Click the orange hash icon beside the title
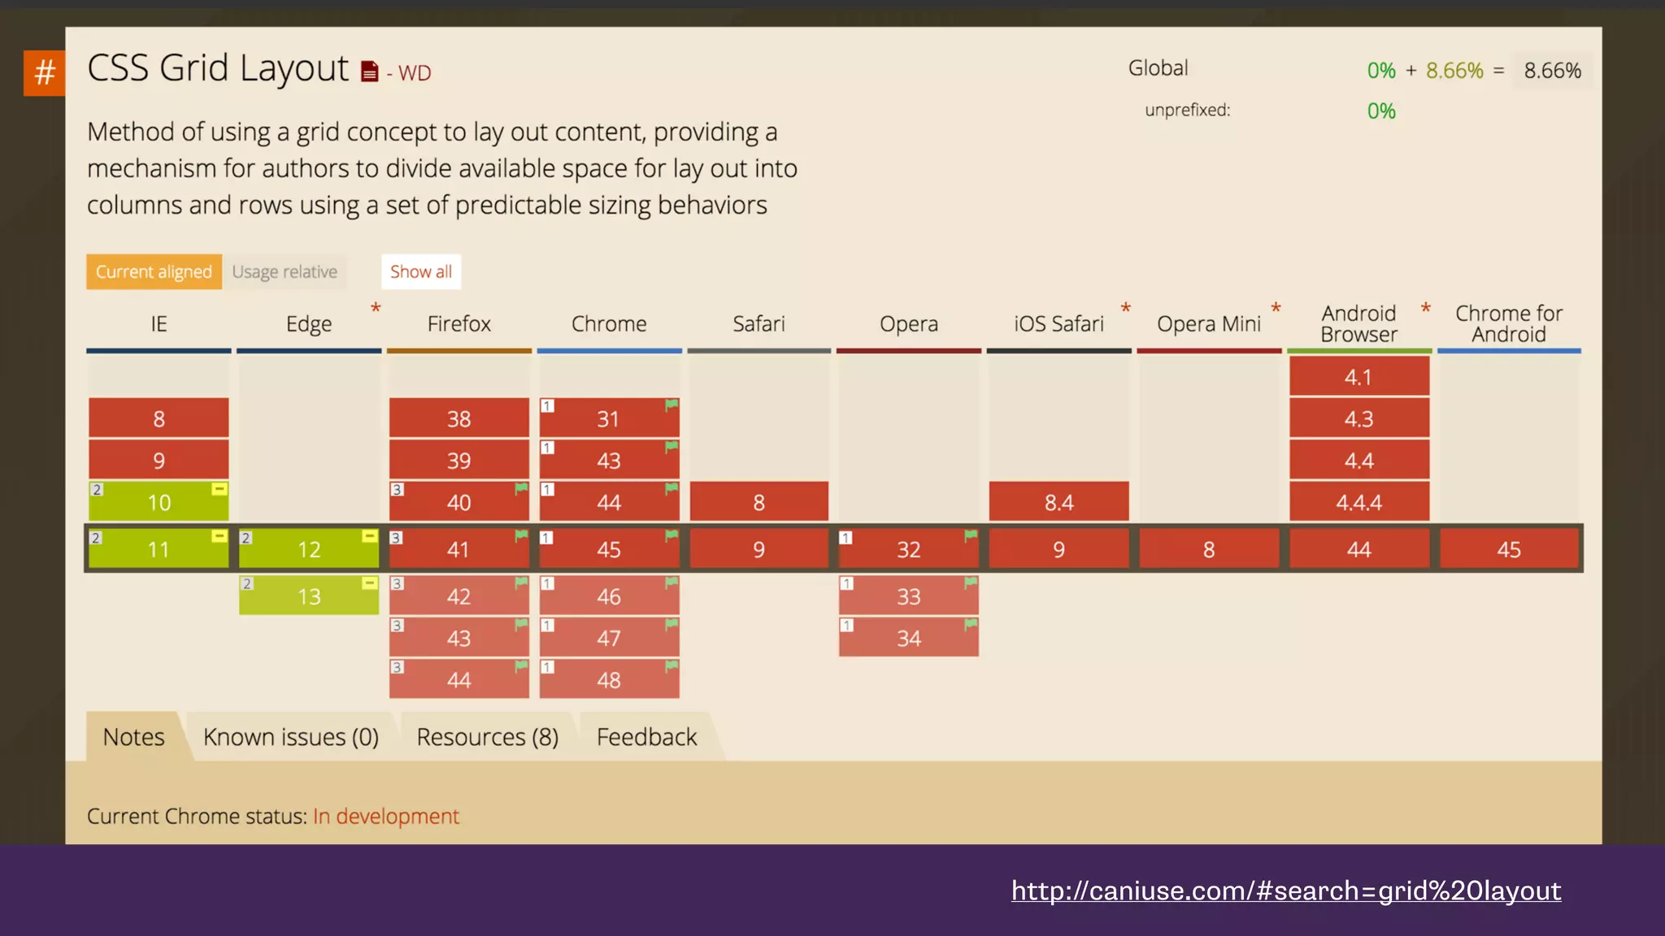point(45,73)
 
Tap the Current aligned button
point(154,271)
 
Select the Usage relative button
point(285,271)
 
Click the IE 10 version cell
point(159,502)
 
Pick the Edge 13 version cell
point(309,596)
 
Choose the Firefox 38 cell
point(459,419)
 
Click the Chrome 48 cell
point(609,680)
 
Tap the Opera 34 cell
point(909,639)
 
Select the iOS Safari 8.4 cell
point(1059,502)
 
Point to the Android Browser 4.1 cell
point(1359,377)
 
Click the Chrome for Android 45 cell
point(1509,549)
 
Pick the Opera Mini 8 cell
point(1209,549)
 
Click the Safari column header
point(759,324)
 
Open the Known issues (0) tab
point(291,737)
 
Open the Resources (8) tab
point(487,737)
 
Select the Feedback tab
point(646,737)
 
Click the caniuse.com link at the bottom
point(1285,890)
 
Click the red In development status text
point(386,816)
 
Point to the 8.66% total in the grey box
point(1552,71)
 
